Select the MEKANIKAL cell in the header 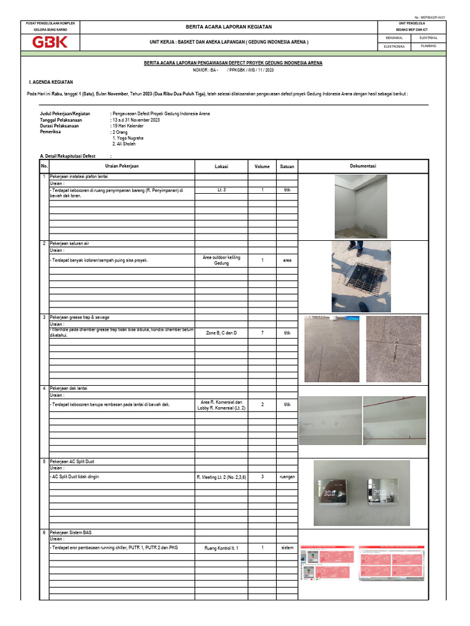point(393,38)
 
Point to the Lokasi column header point(221,166)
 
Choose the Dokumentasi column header point(363,166)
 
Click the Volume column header point(262,166)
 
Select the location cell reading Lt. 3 point(221,190)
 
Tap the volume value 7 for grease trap point(262,333)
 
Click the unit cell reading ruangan point(287,476)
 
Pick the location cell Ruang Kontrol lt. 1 point(221,548)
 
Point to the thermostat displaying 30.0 point(333,493)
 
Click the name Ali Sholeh point(125,144)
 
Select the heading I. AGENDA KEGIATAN point(51,81)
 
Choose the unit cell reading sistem point(287,548)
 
